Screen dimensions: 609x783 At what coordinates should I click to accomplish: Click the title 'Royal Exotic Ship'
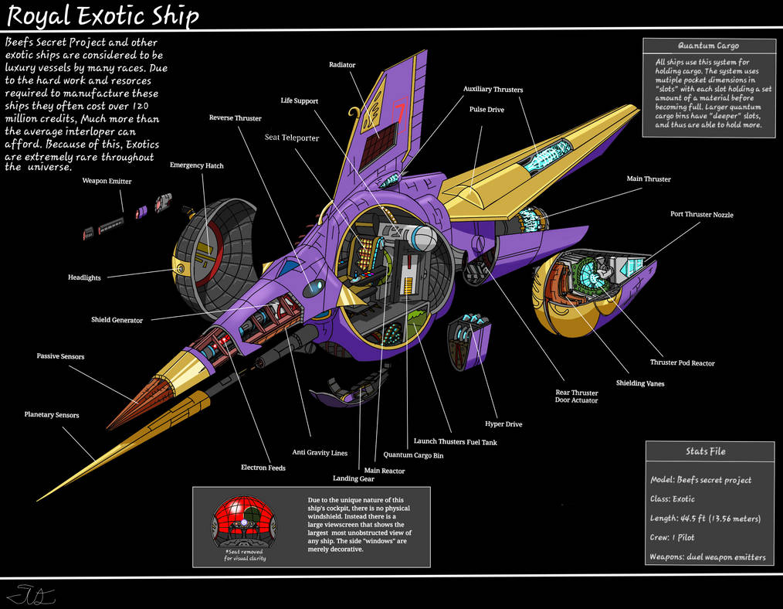coord(103,15)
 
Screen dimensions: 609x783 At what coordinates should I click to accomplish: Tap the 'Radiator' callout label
coord(341,66)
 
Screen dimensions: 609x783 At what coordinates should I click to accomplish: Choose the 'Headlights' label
coord(84,277)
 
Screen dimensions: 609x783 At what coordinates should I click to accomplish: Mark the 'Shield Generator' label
coord(117,320)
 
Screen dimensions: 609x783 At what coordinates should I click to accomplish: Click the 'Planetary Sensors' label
coord(51,415)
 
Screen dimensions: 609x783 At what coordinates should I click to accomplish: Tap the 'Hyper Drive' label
coord(503,424)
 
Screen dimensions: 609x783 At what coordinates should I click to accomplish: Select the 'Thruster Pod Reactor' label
coord(682,362)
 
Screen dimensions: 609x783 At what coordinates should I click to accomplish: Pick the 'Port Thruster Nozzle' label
coord(701,214)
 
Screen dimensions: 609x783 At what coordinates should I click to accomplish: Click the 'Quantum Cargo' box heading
coord(708,46)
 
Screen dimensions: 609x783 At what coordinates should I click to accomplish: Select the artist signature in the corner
coord(25,595)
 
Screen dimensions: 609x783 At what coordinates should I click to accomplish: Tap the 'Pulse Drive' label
coord(486,110)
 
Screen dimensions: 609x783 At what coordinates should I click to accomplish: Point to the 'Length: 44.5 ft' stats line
coord(705,519)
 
